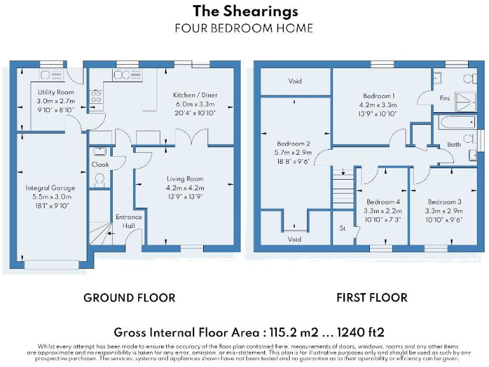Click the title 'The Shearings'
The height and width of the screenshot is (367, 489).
coord(244,11)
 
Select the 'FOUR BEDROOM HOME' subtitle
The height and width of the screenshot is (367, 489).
coord(244,28)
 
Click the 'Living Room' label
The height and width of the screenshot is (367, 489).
coord(185,179)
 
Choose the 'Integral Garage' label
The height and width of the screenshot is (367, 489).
coord(50,188)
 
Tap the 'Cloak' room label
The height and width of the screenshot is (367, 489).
coord(101,164)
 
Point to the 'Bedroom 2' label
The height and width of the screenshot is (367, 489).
coord(294,144)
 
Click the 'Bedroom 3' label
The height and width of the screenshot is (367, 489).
coord(444,201)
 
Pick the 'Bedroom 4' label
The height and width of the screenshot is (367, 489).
coord(383,201)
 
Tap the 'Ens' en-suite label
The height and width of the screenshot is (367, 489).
coord(444,97)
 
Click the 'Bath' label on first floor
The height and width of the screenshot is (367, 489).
coord(453,145)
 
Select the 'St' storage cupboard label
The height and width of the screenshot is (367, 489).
coord(342,227)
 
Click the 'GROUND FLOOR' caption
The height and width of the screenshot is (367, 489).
coord(129,298)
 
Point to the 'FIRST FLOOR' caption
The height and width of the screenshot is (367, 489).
coord(372,298)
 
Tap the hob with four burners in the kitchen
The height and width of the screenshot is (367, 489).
coord(97,96)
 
